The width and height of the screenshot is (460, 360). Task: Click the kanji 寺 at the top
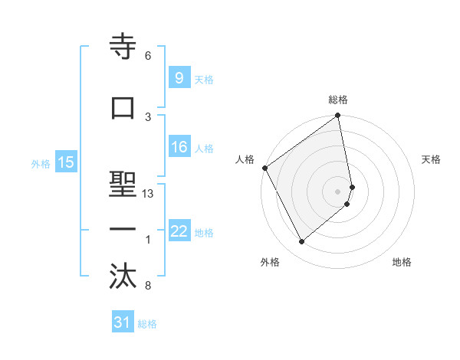tap(123, 47)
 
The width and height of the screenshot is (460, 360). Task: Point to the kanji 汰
tap(123, 276)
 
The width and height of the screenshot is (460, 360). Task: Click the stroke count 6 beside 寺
tap(148, 56)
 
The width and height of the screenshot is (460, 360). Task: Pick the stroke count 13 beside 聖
tap(148, 194)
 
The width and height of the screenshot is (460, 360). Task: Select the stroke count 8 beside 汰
tap(148, 286)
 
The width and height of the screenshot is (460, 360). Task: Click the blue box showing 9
tap(179, 77)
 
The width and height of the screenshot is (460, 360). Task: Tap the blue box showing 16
tap(179, 147)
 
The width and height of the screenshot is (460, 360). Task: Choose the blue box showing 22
tap(179, 231)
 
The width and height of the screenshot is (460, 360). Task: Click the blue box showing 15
tap(66, 162)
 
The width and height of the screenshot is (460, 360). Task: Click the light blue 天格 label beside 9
tap(204, 79)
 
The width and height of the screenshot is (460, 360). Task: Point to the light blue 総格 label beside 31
tap(147, 324)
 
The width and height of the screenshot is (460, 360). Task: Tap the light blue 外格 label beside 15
tap(41, 163)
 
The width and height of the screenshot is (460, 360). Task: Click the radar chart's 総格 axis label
tap(338, 100)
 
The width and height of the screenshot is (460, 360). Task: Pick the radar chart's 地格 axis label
tap(402, 263)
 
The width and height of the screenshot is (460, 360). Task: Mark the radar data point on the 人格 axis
tap(264, 168)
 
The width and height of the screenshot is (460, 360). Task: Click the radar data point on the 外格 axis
tap(301, 241)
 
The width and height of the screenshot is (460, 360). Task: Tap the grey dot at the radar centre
tap(338, 191)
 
